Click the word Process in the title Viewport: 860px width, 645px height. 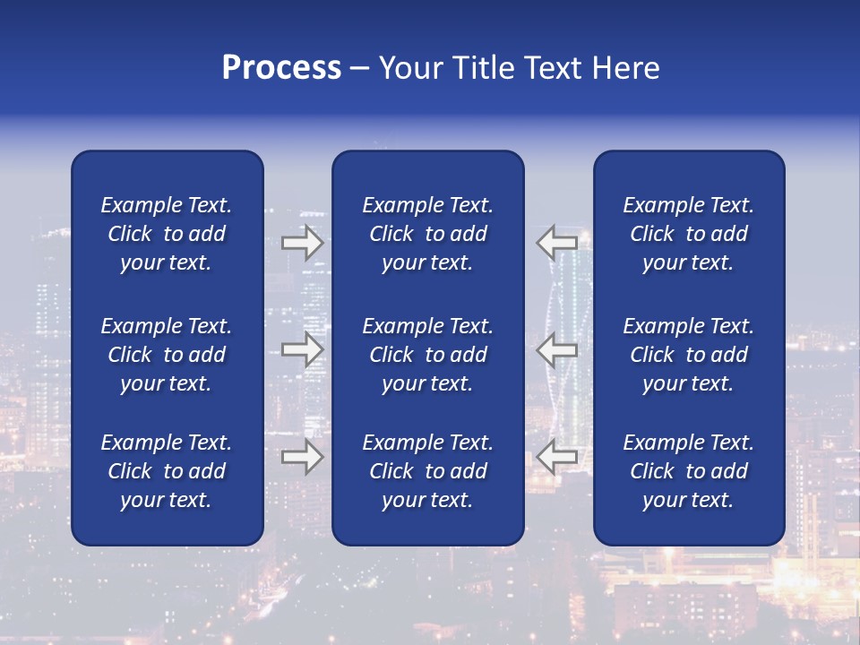pos(281,68)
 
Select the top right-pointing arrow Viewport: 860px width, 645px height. pos(302,242)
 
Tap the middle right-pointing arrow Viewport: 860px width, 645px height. pos(302,349)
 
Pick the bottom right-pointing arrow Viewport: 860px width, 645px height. pos(302,457)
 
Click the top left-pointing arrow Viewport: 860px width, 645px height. pos(557,242)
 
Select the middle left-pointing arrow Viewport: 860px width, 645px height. pos(557,349)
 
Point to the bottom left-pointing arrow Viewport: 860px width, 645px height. pos(557,457)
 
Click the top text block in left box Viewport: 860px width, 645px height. pos(167,234)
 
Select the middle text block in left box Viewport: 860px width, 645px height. pos(167,355)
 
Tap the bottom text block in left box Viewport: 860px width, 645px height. pos(167,471)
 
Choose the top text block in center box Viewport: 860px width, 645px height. pos(428,234)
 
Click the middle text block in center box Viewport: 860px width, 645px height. pos(428,355)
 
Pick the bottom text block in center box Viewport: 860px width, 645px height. pos(428,471)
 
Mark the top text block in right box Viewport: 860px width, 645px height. pos(689,234)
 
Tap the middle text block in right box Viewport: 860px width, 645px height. pos(689,355)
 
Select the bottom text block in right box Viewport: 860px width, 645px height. pos(689,471)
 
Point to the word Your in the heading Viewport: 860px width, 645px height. pos(408,68)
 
